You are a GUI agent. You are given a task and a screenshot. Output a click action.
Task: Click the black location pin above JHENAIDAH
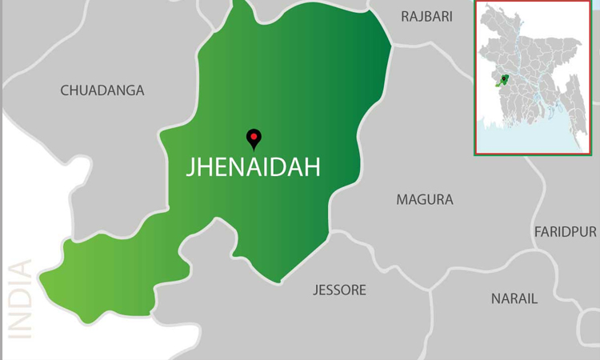coord(254,139)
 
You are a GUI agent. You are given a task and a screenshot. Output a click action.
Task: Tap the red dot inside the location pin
coord(254,136)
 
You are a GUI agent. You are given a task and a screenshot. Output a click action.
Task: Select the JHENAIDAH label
coord(253,166)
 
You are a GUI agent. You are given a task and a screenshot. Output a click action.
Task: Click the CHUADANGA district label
coord(102,90)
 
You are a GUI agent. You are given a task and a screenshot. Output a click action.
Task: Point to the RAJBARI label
coord(426,16)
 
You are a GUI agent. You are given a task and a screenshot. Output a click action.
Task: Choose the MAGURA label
coord(425,199)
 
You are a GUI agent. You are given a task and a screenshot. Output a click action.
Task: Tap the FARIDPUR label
coord(566,231)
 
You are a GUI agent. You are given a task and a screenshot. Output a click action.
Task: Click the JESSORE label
coord(339,290)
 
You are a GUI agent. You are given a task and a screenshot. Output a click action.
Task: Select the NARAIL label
coord(514,298)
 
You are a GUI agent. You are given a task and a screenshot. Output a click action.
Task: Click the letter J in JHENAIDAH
coord(190,167)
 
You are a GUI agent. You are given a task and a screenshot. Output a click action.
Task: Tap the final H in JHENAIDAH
coord(313,166)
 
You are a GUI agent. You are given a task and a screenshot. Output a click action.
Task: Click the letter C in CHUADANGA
coord(66,90)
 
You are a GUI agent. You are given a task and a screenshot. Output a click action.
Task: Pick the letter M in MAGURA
coord(402,199)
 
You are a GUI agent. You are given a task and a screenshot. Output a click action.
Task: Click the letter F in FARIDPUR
coord(538,231)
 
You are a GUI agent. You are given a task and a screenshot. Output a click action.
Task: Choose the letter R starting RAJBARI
coord(405,16)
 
